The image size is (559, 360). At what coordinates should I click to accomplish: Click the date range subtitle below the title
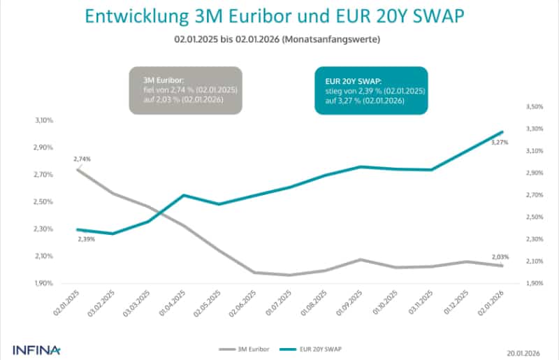279,41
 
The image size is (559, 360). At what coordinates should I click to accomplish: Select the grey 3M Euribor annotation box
185,90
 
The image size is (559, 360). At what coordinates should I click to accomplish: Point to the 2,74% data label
82,159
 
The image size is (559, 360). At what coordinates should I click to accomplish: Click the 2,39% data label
85,239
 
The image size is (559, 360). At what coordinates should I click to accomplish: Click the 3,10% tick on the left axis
44,120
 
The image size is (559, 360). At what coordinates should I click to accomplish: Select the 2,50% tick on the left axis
44,202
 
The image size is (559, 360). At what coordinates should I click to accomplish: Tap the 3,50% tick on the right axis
533,107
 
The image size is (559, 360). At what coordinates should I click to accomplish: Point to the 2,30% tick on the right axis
533,239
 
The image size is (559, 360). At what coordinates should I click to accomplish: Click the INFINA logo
36,348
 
